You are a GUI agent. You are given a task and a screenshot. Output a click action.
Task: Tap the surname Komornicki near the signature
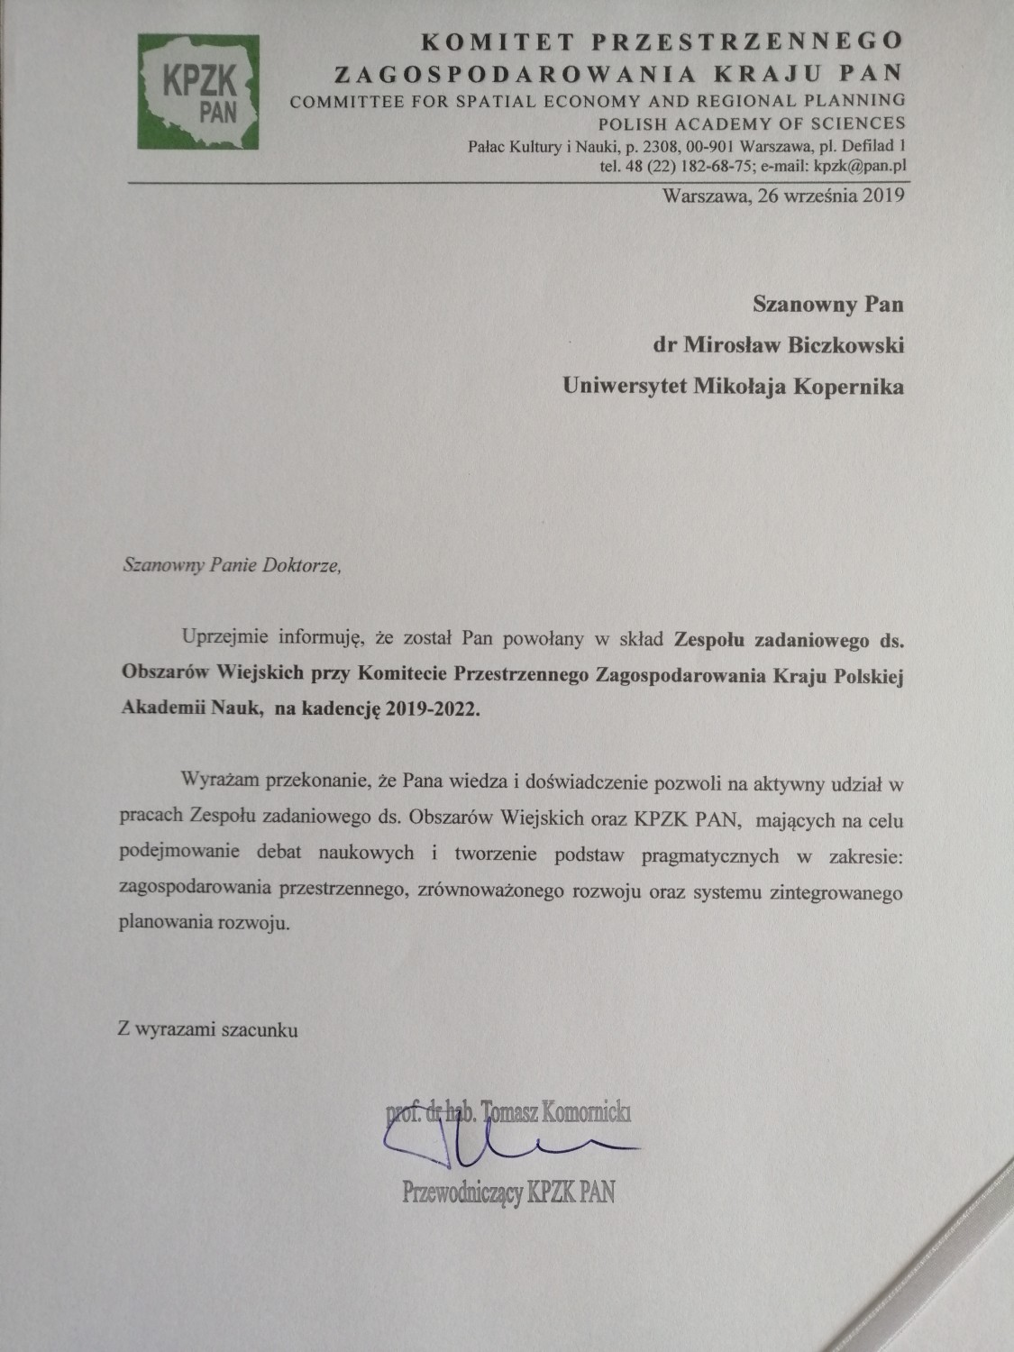click(586, 1113)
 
